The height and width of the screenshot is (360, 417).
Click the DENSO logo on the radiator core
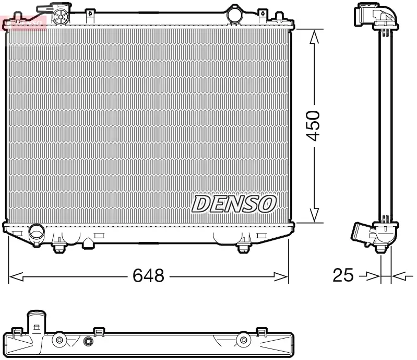click(x=233, y=204)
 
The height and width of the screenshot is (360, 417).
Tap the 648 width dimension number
click(x=148, y=275)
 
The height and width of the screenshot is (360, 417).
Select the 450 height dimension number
click(x=313, y=125)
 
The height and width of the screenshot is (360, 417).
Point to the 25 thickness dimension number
click(x=343, y=275)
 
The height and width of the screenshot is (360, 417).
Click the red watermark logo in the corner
click(x=23, y=22)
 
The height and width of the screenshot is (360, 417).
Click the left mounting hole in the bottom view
click(x=59, y=341)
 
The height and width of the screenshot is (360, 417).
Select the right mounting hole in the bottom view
click(x=242, y=341)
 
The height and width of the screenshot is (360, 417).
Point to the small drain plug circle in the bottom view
click(x=88, y=342)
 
